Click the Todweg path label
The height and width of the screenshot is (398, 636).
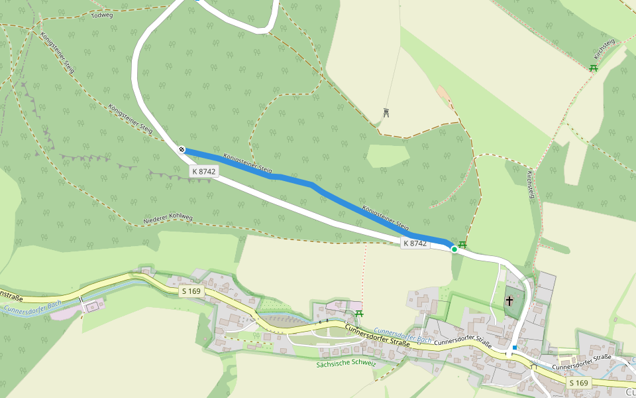[102, 15]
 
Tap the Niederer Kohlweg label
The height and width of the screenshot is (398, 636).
[168, 219]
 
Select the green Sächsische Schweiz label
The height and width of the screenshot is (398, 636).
[346, 364]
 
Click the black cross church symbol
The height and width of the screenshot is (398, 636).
[509, 300]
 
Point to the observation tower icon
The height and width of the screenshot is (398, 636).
[386, 112]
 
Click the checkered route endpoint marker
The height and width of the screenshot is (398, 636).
[182, 150]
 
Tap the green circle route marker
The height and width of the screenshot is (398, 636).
[454, 249]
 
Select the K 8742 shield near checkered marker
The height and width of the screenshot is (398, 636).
[204, 171]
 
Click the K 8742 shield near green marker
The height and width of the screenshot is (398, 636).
[415, 243]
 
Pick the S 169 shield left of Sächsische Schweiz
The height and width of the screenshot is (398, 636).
[191, 291]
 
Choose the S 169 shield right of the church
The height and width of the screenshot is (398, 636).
[578, 383]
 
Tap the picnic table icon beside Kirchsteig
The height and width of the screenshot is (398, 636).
[594, 68]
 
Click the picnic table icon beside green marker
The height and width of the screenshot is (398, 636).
[462, 245]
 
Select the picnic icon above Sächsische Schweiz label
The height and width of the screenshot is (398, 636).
[359, 313]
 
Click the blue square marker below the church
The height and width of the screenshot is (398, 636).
[514, 347]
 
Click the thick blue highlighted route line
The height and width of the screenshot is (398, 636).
[318, 189]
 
